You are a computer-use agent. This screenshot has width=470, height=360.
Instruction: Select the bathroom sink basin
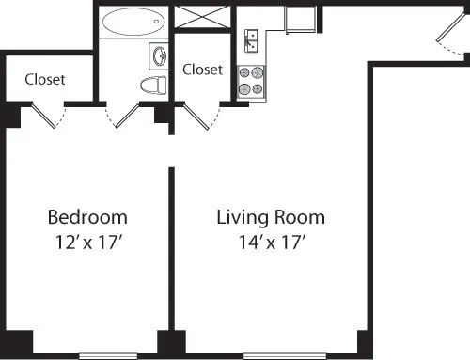[x=157, y=56]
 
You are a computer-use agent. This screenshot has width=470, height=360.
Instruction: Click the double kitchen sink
[x=252, y=39]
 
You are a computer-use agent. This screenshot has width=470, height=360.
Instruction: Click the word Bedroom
[x=87, y=218]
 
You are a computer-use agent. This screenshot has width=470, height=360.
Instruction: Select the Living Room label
[x=271, y=218]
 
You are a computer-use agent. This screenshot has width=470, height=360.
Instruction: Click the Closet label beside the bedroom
[x=45, y=79]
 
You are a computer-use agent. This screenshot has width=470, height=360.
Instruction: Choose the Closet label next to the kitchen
[x=202, y=69]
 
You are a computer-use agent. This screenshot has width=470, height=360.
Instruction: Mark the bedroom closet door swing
[x=47, y=117]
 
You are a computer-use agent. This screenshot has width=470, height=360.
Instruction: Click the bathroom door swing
[x=124, y=117]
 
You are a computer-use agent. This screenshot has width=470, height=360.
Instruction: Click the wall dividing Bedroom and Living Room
[x=171, y=254]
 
